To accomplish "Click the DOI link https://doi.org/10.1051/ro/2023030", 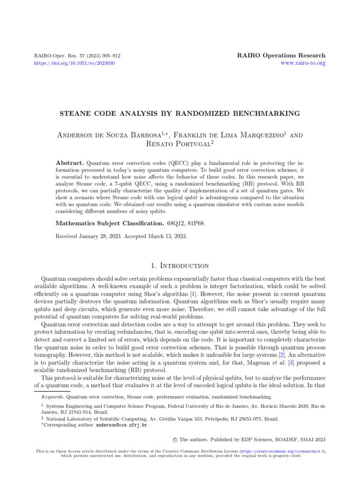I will [x=75, y=63].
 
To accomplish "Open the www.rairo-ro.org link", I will [x=303, y=63].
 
